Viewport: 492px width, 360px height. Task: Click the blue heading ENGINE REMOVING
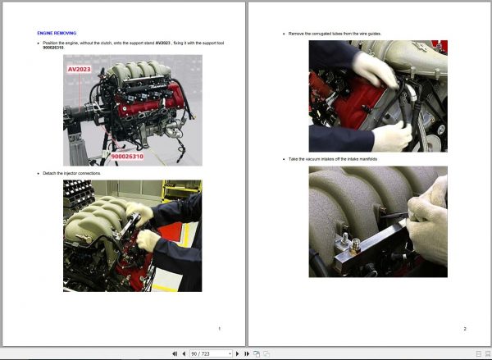pos(57,33)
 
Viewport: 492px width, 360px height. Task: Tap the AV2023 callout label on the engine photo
pos(80,70)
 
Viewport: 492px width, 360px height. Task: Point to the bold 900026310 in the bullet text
pos(54,47)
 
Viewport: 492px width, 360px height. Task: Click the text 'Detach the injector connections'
pos(71,174)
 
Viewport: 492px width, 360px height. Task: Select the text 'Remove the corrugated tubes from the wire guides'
pos(335,34)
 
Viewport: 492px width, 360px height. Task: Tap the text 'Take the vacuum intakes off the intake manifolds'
pos(333,158)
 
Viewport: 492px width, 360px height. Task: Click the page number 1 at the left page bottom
pos(219,329)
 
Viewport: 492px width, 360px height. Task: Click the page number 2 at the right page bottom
pos(464,329)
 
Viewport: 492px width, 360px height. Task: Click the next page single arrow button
pos(237,353)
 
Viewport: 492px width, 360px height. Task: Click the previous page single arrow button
pos(183,353)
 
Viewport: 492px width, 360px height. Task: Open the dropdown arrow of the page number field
pos(230,353)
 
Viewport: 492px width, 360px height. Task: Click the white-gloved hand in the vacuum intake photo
pos(429,226)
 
